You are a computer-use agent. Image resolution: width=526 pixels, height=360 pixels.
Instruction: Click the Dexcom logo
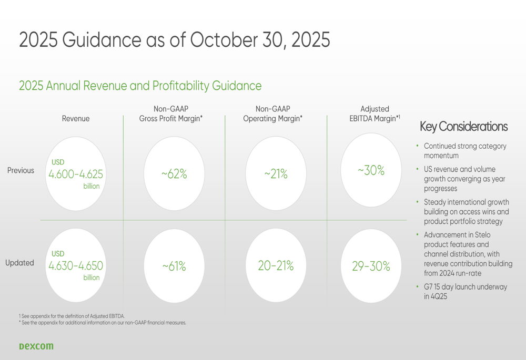click(x=36, y=346)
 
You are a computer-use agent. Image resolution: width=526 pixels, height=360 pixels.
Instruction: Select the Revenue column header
click(x=76, y=119)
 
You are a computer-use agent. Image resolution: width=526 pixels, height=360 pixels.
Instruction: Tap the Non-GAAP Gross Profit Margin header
click(x=170, y=114)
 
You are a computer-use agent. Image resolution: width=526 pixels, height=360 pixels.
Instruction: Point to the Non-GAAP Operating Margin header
click(x=272, y=114)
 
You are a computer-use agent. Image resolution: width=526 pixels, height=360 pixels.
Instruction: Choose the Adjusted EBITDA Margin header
click(x=375, y=114)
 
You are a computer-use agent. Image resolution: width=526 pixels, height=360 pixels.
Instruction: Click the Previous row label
click(x=21, y=171)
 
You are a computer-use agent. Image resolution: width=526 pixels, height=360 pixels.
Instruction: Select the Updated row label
click(x=20, y=263)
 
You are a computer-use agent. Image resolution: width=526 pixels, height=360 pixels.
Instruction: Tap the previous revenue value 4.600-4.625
click(x=76, y=174)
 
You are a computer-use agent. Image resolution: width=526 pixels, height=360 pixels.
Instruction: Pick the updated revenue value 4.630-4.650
click(x=76, y=266)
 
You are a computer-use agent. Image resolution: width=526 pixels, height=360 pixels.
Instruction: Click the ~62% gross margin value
click(x=174, y=174)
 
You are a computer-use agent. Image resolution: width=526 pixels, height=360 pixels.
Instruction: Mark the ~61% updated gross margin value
click(x=174, y=266)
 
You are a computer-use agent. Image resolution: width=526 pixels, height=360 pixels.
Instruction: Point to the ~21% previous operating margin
click(x=276, y=174)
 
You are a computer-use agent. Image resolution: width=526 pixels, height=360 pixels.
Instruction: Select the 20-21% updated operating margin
click(x=276, y=266)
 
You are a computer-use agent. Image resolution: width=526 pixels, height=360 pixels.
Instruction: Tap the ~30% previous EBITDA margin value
click(x=371, y=171)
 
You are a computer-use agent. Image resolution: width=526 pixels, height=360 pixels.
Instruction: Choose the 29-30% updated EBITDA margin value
click(x=371, y=266)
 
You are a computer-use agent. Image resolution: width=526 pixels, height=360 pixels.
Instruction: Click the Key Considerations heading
click(x=463, y=127)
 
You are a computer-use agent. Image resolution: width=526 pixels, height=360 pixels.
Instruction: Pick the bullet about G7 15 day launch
click(x=465, y=292)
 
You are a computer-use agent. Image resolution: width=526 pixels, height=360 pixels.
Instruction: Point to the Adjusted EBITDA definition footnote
click(x=72, y=316)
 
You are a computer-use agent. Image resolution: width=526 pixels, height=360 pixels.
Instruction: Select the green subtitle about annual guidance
click(x=140, y=86)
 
